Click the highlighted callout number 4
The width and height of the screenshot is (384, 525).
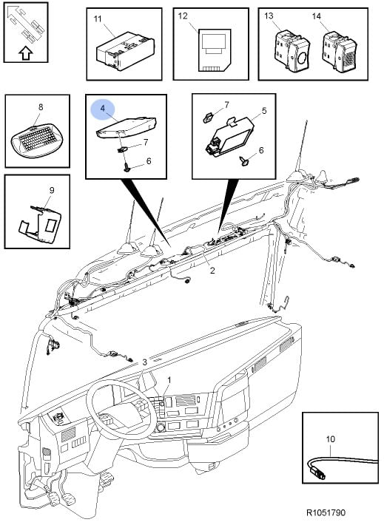(x=103, y=108)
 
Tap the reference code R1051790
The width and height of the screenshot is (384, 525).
(x=326, y=512)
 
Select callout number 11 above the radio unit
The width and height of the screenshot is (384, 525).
(x=97, y=18)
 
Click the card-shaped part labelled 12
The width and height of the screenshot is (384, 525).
(x=215, y=50)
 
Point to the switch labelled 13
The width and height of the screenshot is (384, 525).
(x=292, y=51)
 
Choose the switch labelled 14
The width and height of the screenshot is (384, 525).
(x=338, y=51)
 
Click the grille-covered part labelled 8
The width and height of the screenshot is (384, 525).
(x=36, y=140)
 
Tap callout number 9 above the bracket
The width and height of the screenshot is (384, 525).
(x=52, y=190)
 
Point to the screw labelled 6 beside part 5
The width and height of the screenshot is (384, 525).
(x=245, y=162)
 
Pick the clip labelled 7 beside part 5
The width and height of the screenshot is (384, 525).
(x=209, y=117)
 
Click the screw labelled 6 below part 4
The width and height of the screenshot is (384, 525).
(x=127, y=166)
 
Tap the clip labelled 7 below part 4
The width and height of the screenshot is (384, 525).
(x=121, y=149)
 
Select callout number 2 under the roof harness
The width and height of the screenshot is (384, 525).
(x=212, y=270)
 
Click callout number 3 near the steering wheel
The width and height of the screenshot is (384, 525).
(x=144, y=362)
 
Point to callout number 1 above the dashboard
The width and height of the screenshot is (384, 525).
(x=169, y=380)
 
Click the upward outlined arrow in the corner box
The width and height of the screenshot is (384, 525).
(x=25, y=53)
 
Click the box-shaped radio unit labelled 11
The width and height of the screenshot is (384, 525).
(x=126, y=50)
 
